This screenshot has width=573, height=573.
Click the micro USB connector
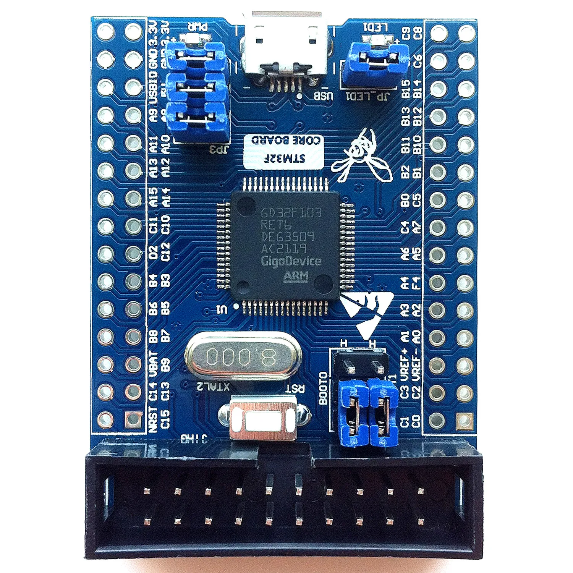pos(285,48)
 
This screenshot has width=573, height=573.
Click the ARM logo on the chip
pos(296,276)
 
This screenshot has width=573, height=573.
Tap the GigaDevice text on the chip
pos(291,261)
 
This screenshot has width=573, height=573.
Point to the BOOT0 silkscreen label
pos(323,388)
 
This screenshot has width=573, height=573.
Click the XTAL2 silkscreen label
pos(213,387)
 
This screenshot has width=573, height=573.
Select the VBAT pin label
pos(153,363)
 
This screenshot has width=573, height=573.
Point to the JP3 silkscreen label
pos(218,149)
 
